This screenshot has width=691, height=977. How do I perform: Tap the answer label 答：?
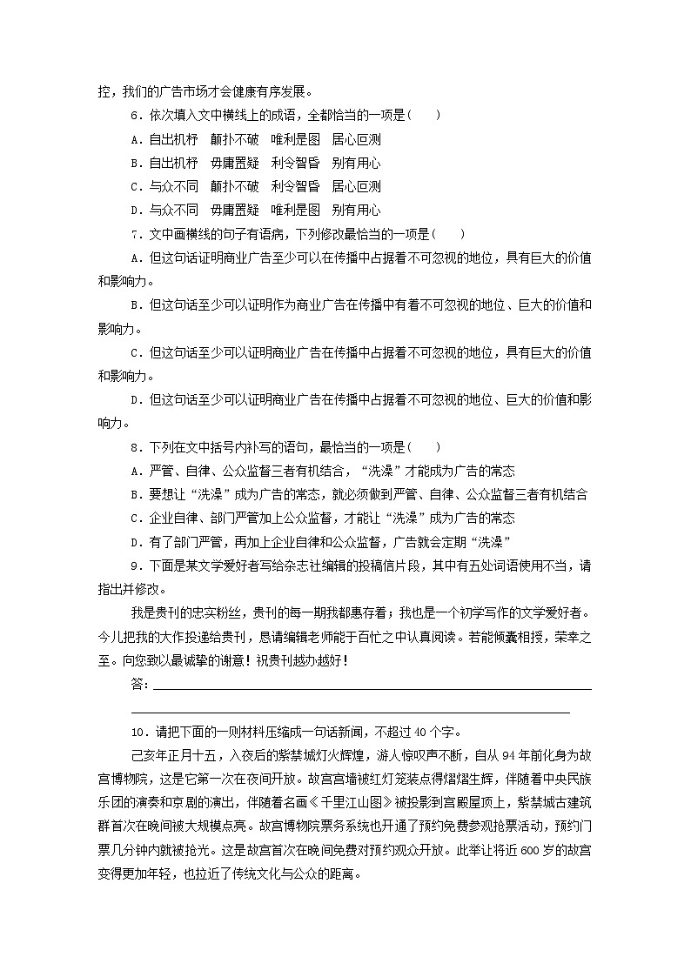[139, 684]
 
